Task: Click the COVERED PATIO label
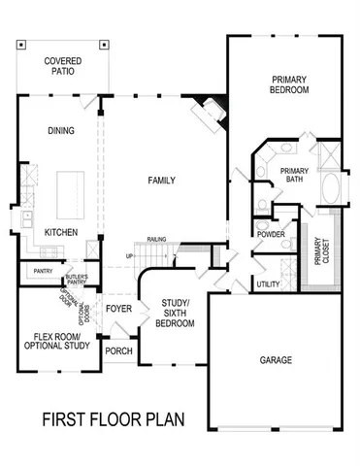[63, 67]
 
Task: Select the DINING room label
[62, 130]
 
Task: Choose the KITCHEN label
[62, 233]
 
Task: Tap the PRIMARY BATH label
[294, 176]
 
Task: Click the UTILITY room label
[269, 284]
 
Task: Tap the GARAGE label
[277, 360]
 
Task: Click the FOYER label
[119, 310]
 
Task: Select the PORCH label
[118, 351]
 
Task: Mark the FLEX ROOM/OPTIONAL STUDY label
[56, 341]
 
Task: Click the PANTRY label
[42, 271]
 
